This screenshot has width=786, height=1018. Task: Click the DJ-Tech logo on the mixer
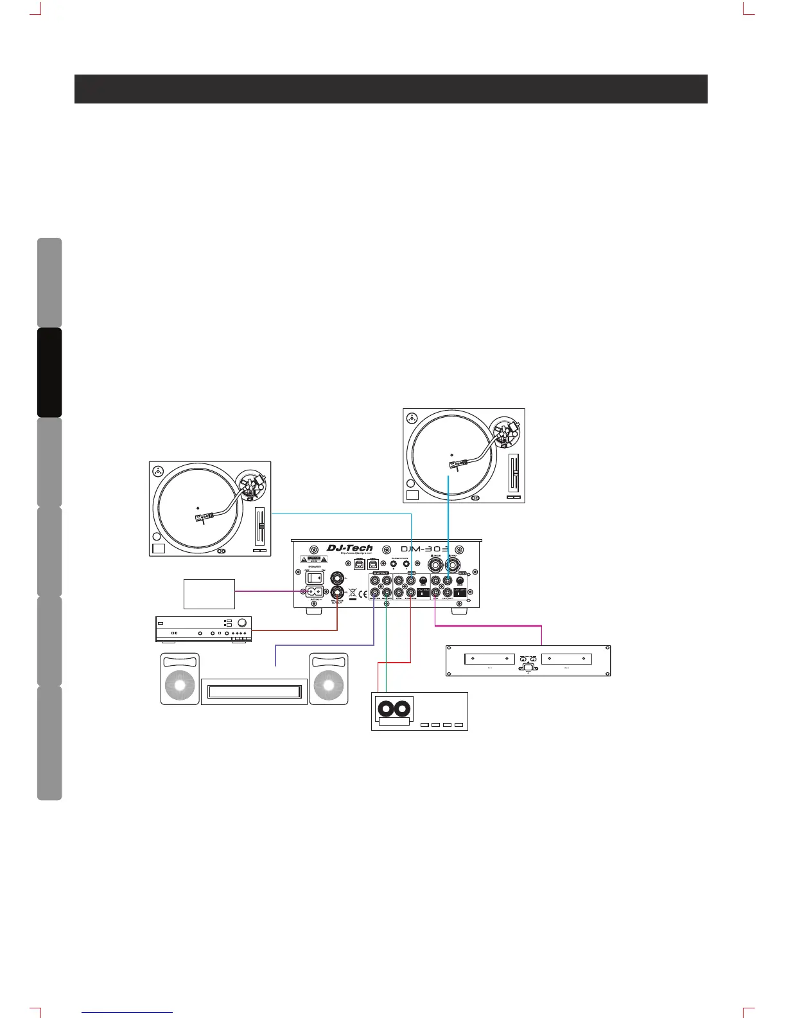350,548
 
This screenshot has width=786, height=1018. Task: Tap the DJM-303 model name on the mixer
424,549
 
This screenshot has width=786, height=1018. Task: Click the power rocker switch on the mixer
313,578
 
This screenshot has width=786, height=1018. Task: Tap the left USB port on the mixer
360,562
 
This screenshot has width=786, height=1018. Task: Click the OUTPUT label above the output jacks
380,573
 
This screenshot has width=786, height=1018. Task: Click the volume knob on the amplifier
242,623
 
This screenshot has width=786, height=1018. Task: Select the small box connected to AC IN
209,594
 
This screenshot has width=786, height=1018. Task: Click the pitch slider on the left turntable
261,527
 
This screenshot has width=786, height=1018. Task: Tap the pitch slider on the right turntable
513,474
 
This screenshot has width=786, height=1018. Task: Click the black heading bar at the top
390,89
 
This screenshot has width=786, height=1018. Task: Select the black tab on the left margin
49,372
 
